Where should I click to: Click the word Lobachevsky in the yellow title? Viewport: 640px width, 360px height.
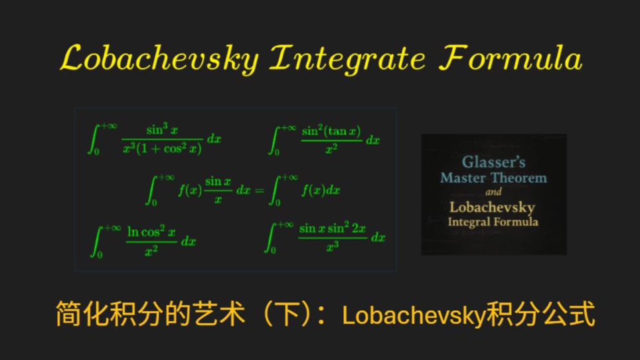click(159, 59)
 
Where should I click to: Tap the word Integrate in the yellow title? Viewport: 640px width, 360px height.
click(348, 59)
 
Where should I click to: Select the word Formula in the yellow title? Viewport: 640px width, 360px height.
click(511, 58)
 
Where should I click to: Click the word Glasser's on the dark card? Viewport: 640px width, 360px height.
click(493, 162)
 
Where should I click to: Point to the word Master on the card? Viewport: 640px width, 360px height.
click(463, 178)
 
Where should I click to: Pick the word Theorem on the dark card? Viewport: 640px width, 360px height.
click(519, 178)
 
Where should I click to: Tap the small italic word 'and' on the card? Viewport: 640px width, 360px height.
click(493, 192)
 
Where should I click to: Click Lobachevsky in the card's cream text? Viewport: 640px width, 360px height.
click(492, 208)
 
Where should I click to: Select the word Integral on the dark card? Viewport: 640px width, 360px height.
click(469, 222)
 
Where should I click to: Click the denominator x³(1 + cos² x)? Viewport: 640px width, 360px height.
click(162, 148)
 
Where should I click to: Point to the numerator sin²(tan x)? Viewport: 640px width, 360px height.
click(331, 131)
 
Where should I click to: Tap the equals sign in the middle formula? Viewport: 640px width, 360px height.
click(259, 191)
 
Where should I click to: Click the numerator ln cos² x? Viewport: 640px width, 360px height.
click(151, 232)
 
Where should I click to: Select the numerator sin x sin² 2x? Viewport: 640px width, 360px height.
click(332, 228)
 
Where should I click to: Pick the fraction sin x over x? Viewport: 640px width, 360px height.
click(218, 190)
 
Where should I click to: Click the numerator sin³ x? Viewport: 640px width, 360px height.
click(162, 130)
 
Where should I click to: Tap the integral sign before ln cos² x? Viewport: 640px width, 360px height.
click(96, 242)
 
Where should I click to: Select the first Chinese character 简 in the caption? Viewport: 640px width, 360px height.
click(69, 314)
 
